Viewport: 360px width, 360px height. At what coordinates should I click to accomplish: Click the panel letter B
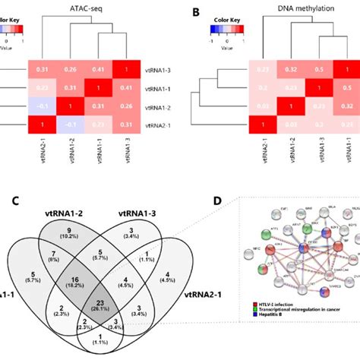(197, 12)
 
